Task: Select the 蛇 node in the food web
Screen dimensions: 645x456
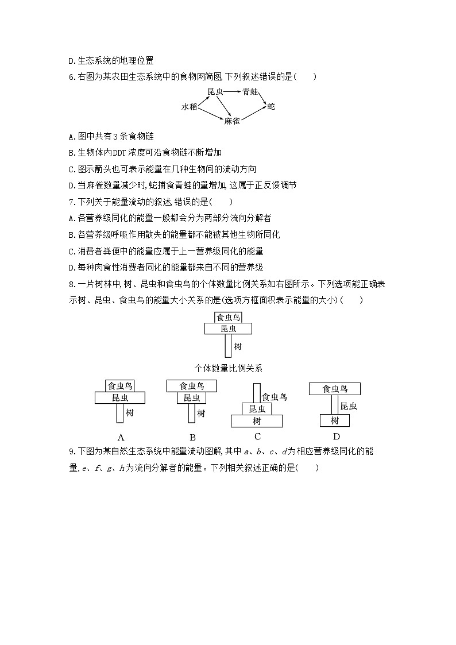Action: tap(271, 106)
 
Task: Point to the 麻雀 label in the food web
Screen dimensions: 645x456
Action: tap(232, 121)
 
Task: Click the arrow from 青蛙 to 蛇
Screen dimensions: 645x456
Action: tap(262, 99)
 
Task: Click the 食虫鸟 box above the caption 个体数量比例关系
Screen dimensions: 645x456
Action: tap(228, 317)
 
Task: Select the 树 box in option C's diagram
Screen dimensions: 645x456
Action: tap(257, 421)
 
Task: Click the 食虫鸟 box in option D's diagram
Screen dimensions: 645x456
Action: tap(335, 389)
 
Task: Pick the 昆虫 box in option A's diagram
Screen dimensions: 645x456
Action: tap(119, 398)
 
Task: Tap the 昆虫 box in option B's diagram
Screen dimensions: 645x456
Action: tap(192, 398)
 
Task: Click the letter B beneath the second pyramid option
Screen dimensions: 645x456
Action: tap(192, 437)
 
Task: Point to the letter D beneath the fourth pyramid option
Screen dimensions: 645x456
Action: tap(336, 437)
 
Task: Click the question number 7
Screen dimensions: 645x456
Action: tap(70, 202)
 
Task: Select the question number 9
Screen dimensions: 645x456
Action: tap(70, 451)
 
